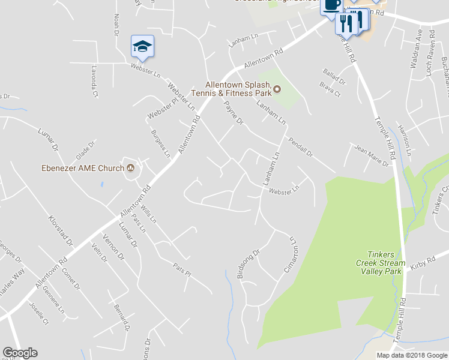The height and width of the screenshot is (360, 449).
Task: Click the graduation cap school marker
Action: click(x=142, y=46)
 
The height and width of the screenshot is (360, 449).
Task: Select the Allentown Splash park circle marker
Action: click(x=277, y=90)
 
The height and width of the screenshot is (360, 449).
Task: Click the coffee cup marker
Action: click(x=332, y=5)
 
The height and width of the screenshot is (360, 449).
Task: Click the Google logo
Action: click(x=20, y=353)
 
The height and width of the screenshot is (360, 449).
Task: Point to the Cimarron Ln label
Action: click(x=290, y=254)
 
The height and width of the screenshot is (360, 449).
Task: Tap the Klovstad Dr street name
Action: click(x=60, y=233)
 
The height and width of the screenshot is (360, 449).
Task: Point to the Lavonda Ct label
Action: click(x=94, y=77)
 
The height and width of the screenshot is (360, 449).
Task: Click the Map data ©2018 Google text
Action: click(x=412, y=355)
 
